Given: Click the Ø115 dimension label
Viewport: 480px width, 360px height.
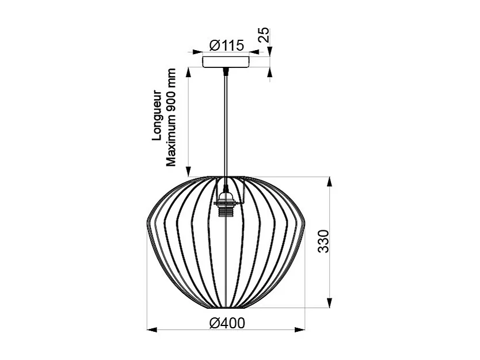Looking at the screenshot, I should click(x=227, y=45).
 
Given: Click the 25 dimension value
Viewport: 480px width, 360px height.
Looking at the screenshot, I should click(x=264, y=35).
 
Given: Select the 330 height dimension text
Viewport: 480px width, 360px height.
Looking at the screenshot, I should click(x=323, y=241).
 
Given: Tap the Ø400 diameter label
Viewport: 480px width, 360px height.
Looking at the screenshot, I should click(x=227, y=323).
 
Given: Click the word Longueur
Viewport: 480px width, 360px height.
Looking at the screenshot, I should click(x=156, y=115).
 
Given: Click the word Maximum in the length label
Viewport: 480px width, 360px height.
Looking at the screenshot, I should click(x=171, y=142).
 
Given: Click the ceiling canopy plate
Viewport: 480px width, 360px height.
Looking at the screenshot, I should click(x=226, y=61).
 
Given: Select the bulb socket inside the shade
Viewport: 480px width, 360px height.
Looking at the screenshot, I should click(x=226, y=204).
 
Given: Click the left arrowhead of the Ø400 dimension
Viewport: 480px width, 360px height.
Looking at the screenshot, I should click(x=151, y=329).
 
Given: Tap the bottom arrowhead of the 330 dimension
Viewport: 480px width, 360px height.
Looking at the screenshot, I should click(x=329, y=302).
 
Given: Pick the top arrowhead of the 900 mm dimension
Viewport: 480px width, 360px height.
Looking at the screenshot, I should click(x=187, y=72).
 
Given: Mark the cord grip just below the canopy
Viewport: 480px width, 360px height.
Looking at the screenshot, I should click(x=226, y=71).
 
